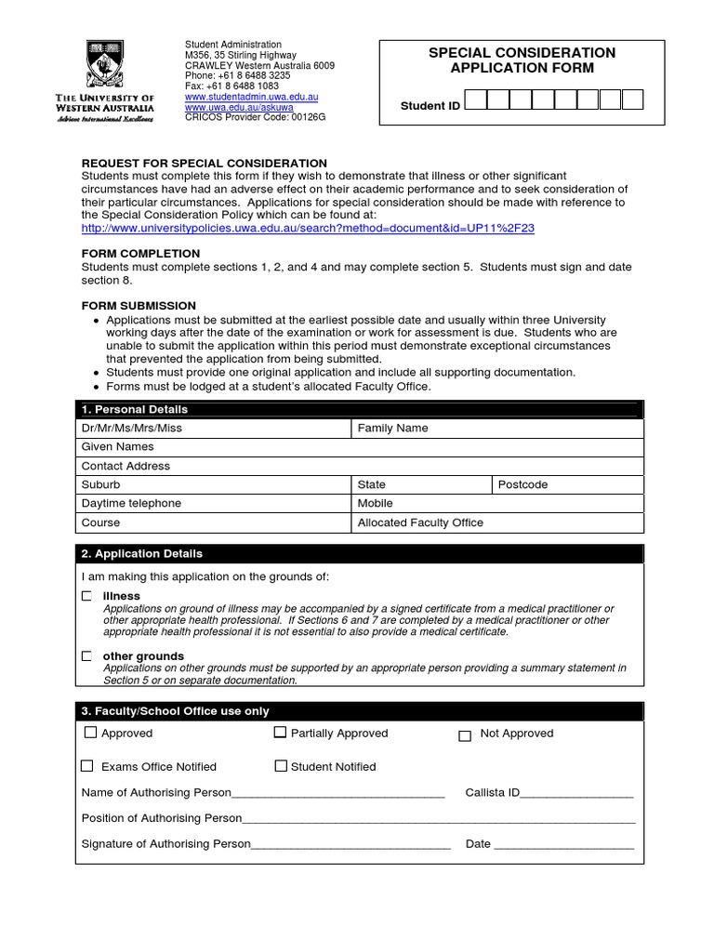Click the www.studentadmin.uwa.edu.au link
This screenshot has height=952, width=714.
(252, 97)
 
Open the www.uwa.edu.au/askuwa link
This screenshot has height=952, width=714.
(239, 107)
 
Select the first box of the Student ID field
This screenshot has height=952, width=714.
(475, 100)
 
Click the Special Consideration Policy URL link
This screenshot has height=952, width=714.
(308, 228)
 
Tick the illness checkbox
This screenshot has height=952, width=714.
(86, 595)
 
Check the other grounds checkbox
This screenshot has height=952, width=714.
(86, 656)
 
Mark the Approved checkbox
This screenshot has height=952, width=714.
(90, 733)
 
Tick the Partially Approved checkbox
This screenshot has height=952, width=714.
(280, 733)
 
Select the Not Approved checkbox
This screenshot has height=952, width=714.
(465, 735)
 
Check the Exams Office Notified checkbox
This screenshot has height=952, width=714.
(87, 766)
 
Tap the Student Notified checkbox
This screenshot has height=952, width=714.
(280, 766)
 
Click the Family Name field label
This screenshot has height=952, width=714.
(393, 429)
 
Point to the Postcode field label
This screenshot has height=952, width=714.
(522, 484)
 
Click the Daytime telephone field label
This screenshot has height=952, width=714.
(131, 503)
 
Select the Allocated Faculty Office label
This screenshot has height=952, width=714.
(420, 522)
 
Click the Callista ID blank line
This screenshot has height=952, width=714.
(577, 794)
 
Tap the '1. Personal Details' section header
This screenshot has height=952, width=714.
(135, 409)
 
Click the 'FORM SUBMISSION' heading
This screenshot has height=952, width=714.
(139, 306)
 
